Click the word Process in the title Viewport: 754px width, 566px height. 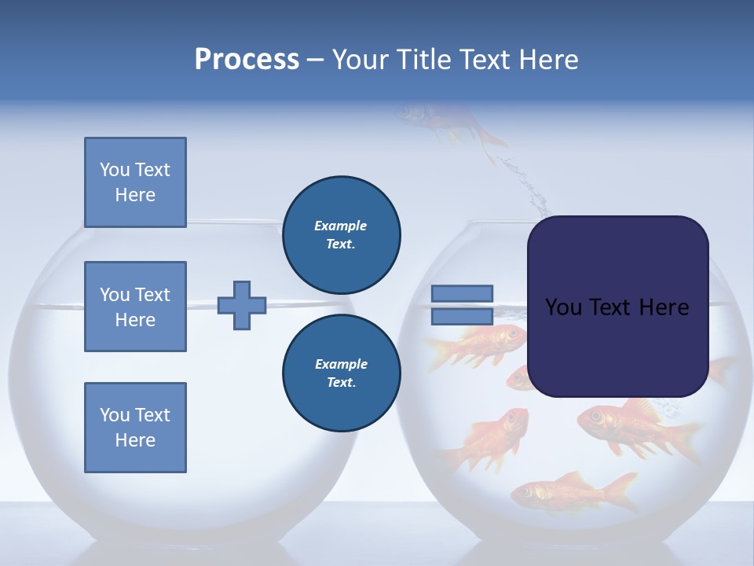click(x=247, y=60)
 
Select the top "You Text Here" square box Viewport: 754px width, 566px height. click(x=135, y=182)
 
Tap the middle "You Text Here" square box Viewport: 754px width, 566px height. click(x=135, y=307)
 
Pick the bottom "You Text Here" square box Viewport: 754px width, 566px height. click(x=135, y=428)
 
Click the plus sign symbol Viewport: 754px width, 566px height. click(x=242, y=305)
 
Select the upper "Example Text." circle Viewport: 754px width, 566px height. click(x=341, y=234)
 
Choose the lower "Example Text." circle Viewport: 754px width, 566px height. click(x=341, y=373)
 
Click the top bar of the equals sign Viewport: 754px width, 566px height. click(x=463, y=293)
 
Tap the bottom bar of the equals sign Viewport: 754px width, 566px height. click(x=463, y=316)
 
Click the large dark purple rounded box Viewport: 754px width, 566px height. click(x=617, y=307)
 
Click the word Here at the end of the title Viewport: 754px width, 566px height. click(x=549, y=60)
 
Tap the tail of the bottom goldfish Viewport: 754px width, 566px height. click(x=620, y=491)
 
